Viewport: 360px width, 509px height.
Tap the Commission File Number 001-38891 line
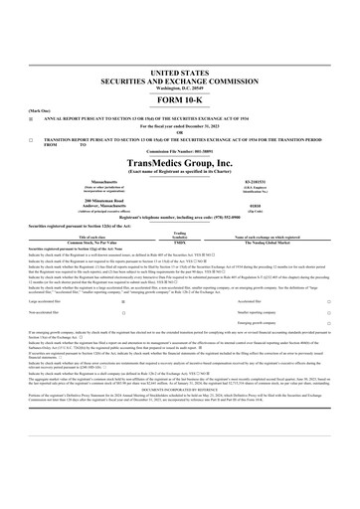(x=180, y=154)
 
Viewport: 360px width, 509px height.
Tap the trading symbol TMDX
(x=181, y=243)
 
